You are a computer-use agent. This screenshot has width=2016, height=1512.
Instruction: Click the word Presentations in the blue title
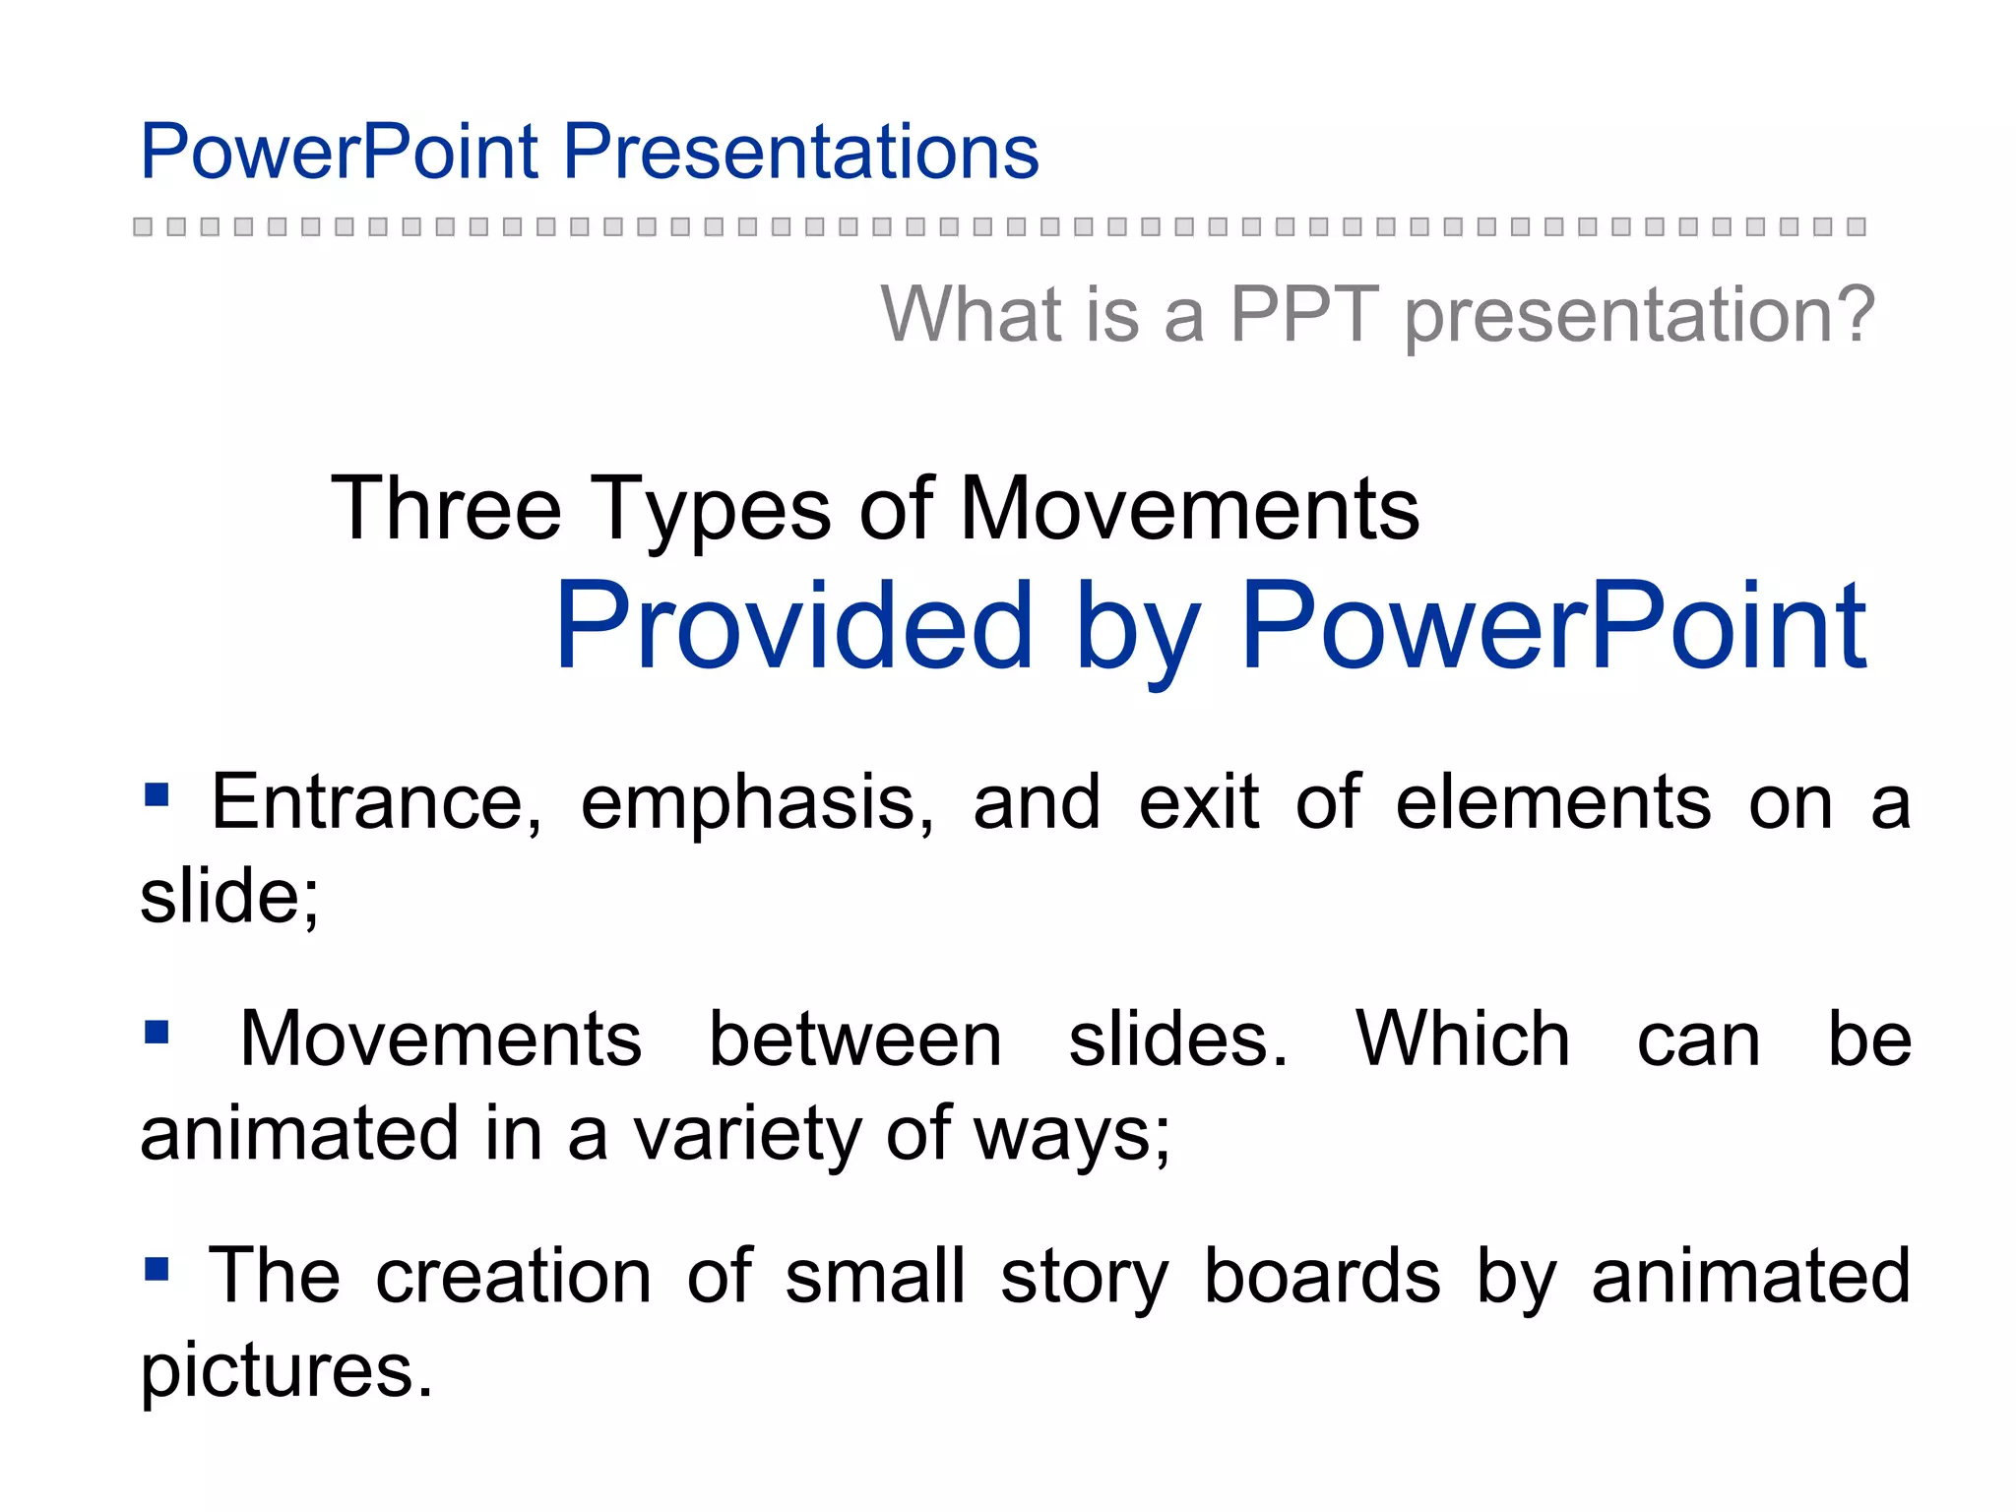coord(800,152)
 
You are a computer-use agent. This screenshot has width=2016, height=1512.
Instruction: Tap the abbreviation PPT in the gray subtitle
coord(1303,314)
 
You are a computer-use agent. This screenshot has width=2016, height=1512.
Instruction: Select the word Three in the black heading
coord(445,509)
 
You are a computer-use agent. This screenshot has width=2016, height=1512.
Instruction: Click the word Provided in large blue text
coord(793,626)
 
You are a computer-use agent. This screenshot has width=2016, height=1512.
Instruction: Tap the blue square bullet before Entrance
coord(157,794)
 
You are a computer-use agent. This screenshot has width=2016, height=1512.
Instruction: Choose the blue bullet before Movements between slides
coord(157,1032)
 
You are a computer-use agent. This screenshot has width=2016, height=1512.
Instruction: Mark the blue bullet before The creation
coord(157,1269)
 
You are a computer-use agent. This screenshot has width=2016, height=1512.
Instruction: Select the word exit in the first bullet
coord(1198,801)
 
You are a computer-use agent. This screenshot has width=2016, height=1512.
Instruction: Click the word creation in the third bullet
coord(514,1276)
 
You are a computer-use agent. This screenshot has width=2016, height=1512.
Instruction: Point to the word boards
coord(1322,1276)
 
